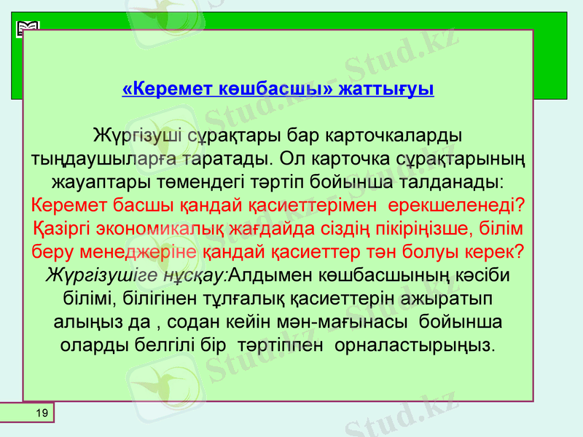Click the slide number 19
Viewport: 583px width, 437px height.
point(42,414)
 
